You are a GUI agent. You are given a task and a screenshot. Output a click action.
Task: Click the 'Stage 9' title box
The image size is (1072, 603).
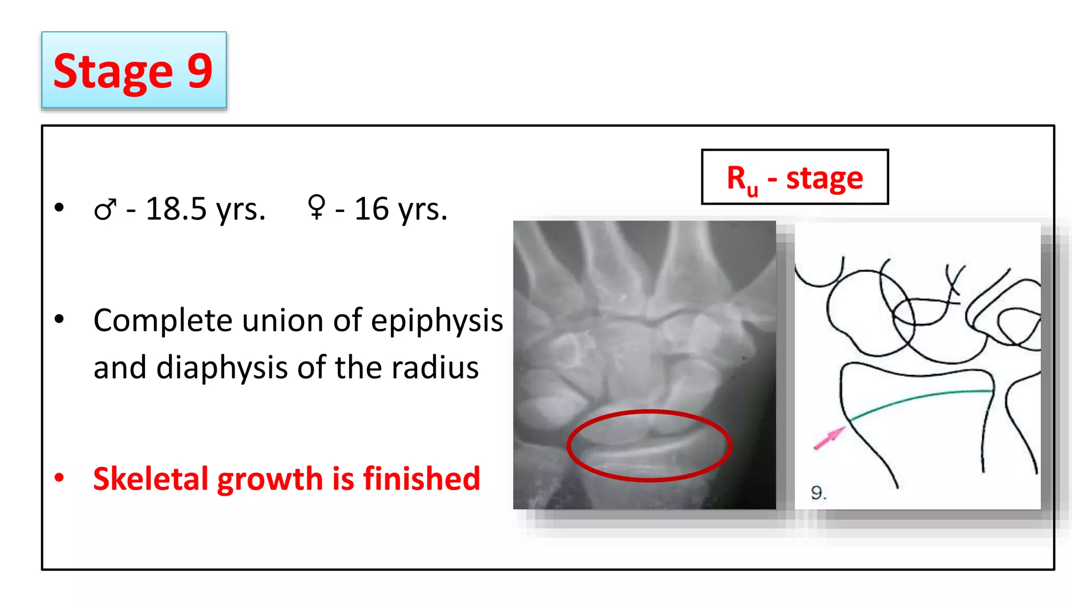(133, 70)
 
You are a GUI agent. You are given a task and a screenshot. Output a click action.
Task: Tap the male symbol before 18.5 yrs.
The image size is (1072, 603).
(105, 210)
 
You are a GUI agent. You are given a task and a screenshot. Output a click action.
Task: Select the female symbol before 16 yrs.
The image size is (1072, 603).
(317, 207)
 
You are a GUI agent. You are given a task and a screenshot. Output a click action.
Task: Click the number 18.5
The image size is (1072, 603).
(176, 209)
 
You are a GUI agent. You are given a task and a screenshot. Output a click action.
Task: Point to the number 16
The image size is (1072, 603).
(371, 209)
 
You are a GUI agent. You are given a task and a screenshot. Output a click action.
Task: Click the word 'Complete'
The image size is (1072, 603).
(163, 321)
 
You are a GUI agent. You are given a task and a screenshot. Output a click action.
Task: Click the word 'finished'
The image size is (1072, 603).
(421, 478)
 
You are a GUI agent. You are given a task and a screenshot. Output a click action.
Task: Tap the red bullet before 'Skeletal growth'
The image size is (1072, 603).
(59, 477)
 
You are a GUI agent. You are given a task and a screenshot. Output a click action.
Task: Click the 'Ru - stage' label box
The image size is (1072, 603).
(795, 177)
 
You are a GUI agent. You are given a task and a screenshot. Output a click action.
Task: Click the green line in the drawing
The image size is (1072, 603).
(921, 397)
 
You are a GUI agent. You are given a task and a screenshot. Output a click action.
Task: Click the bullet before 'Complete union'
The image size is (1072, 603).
(59, 319)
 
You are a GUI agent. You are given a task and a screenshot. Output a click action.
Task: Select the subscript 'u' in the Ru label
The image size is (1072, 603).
(752, 189)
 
